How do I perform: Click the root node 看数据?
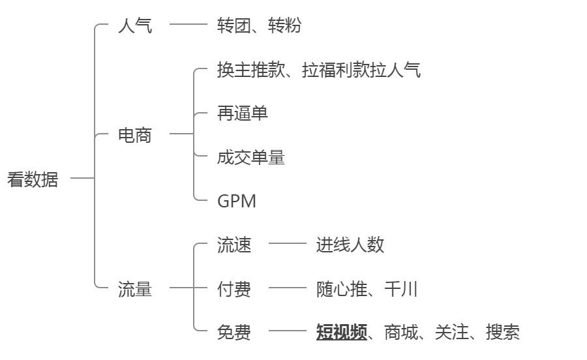pyautogui.click(x=33, y=179)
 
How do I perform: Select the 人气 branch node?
pyautogui.click(x=135, y=26)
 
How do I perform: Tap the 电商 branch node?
pyautogui.click(x=135, y=135)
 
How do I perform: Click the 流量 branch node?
pyautogui.click(x=135, y=289)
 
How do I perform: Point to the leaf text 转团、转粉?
pyautogui.click(x=259, y=26)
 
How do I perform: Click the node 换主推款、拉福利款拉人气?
pyautogui.click(x=318, y=70)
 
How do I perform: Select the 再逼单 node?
pyautogui.click(x=242, y=113)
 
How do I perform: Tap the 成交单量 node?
pyautogui.click(x=250, y=157)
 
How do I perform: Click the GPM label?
pyautogui.click(x=236, y=201)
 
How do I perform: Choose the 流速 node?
pyautogui.click(x=233, y=245)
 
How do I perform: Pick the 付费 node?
pyautogui.click(x=233, y=289)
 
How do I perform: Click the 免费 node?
pyautogui.click(x=233, y=333)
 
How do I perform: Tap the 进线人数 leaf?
pyautogui.click(x=350, y=245)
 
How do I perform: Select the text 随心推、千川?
pyautogui.click(x=367, y=289)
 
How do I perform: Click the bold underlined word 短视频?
pyautogui.click(x=341, y=333)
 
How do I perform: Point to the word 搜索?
pyautogui.click(x=502, y=333)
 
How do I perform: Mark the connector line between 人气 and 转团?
pyautogui.click(x=188, y=25)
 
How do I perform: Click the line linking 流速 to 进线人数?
pyautogui.click(x=287, y=243)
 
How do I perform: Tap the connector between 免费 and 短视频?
pyautogui.click(x=287, y=331)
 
